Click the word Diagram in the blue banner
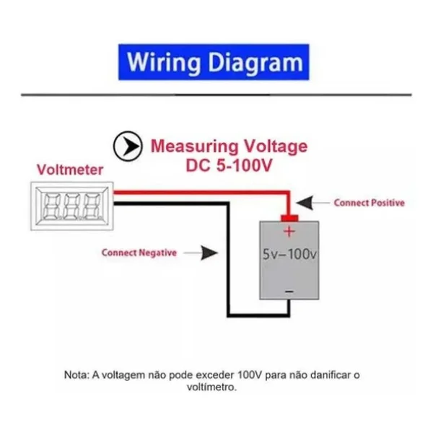coord(255,63)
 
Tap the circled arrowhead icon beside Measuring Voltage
coord(128,146)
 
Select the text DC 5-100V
coord(229,165)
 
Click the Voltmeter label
coord(70,170)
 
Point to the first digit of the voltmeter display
coord(52,206)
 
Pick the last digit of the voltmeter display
coord(92,206)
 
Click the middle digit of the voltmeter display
coord(72,206)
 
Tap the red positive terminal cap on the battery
coord(289,218)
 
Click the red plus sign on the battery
coord(289,232)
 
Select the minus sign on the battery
coord(289,292)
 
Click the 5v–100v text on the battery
coord(289,254)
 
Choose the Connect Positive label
coord(369,203)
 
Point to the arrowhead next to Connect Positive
coord(305,203)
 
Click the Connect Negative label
coord(139,253)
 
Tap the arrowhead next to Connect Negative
coord(209,253)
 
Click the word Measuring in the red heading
coord(194,146)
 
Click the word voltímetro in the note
coord(211,387)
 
